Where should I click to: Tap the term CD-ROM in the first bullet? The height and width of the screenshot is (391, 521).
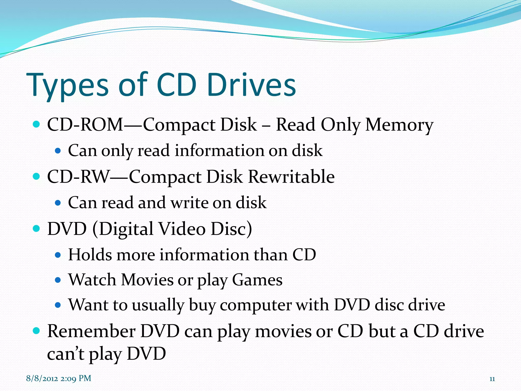[x=85, y=125]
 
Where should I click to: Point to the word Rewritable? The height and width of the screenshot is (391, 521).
[x=291, y=177]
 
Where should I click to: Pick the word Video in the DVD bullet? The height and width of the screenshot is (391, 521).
[x=182, y=229]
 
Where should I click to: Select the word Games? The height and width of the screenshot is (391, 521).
[x=257, y=280]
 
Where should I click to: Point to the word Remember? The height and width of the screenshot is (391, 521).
[x=91, y=331]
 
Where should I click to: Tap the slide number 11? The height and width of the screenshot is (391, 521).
[x=492, y=379]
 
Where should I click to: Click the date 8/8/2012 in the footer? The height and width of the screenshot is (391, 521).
[x=42, y=378]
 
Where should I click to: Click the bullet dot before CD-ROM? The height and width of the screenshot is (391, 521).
[x=37, y=124]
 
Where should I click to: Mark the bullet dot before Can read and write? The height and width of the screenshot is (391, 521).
[x=58, y=203]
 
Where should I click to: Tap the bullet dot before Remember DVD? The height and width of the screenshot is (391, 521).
[x=37, y=331]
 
